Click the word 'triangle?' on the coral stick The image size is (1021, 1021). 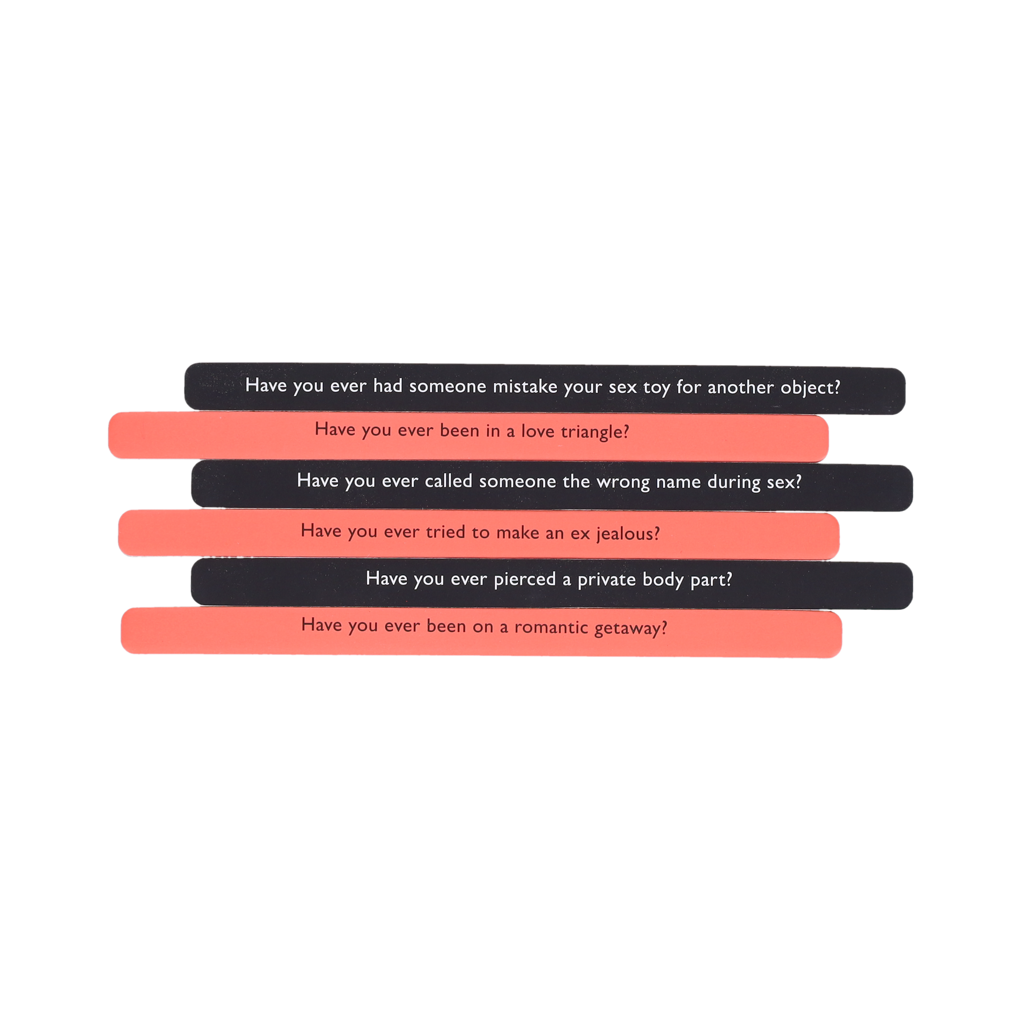(x=594, y=432)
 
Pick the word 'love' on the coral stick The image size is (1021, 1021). (x=538, y=432)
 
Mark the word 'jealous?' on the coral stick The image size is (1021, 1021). (x=628, y=534)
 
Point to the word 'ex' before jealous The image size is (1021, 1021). (x=580, y=534)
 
